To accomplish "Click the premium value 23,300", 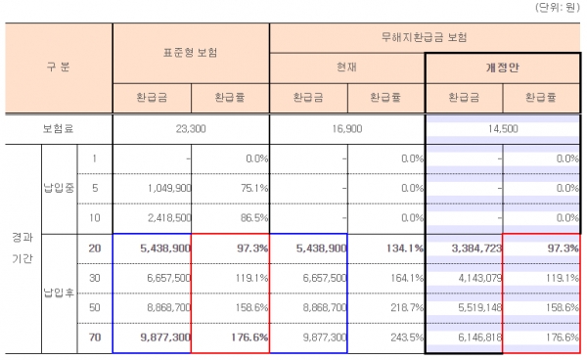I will click(x=190, y=128).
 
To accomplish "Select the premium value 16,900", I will click(x=345, y=128).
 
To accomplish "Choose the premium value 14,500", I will click(x=502, y=128).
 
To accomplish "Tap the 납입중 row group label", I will click(x=56, y=188).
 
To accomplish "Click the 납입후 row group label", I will click(x=56, y=292).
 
